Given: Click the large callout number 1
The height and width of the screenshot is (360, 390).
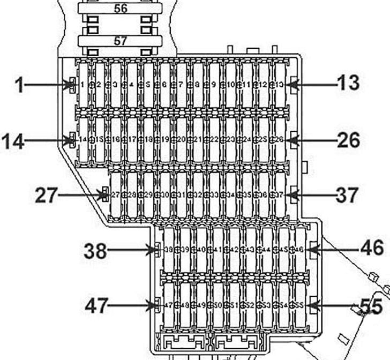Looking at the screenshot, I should click(x=19, y=85).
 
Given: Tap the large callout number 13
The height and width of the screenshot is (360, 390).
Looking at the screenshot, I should click(x=348, y=84).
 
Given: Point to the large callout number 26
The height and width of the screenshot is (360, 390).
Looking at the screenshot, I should click(x=348, y=140).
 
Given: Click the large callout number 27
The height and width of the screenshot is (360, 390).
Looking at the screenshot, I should click(x=46, y=196).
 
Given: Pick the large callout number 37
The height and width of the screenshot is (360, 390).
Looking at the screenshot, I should click(x=348, y=195).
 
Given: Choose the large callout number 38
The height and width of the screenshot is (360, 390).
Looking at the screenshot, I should click(x=95, y=250).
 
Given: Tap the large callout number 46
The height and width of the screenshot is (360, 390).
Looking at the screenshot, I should click(x=371, y=248).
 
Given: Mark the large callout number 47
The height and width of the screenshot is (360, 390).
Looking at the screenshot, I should click(x=96, y=306).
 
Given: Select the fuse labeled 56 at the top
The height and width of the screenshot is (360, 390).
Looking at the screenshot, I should click(x=121, y=8).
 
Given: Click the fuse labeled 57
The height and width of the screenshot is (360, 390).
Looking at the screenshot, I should click(x=121, y=41).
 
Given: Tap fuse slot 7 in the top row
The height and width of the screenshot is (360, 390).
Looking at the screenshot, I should click(x=181, y=85).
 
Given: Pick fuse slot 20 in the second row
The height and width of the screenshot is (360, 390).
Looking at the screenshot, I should click(x=181, y=139).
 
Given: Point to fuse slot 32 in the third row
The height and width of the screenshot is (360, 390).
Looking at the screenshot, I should click(x=197, y=195).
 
